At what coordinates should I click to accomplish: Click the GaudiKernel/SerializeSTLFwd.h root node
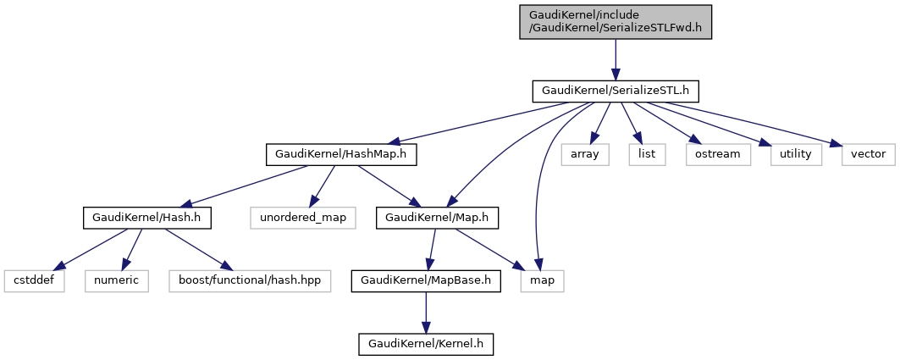(616, 21)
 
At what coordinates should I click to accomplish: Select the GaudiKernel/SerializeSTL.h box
(616, 91)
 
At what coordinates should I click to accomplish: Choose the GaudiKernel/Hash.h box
(146, 218)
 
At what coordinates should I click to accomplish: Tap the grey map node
(542, 280)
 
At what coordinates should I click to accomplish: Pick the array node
(585, 154)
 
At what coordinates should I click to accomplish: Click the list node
(647, 154)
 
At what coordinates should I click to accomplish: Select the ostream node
(718, 154)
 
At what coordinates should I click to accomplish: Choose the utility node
(796, 154)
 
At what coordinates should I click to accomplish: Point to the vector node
(868, 154)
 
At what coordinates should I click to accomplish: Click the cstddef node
(33, 280)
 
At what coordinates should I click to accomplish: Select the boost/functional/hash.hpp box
(240, 280)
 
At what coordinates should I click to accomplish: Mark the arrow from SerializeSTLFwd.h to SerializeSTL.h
(616, 58)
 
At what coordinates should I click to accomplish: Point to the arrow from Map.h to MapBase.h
(433, 249)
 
